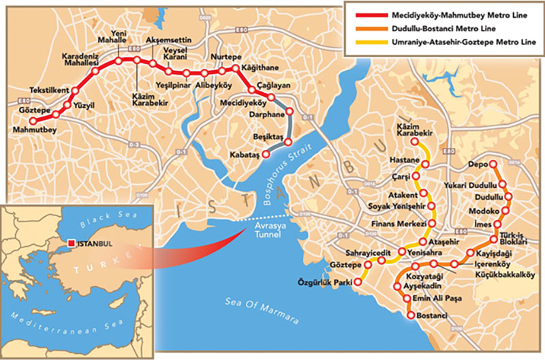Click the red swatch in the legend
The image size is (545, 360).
coord(361,15)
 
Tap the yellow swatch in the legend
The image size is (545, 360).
coord(361,41)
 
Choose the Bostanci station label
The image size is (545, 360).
coord(431,316)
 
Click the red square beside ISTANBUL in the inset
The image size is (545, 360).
coord(69,243)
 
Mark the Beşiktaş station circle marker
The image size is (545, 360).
coord(287,142)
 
